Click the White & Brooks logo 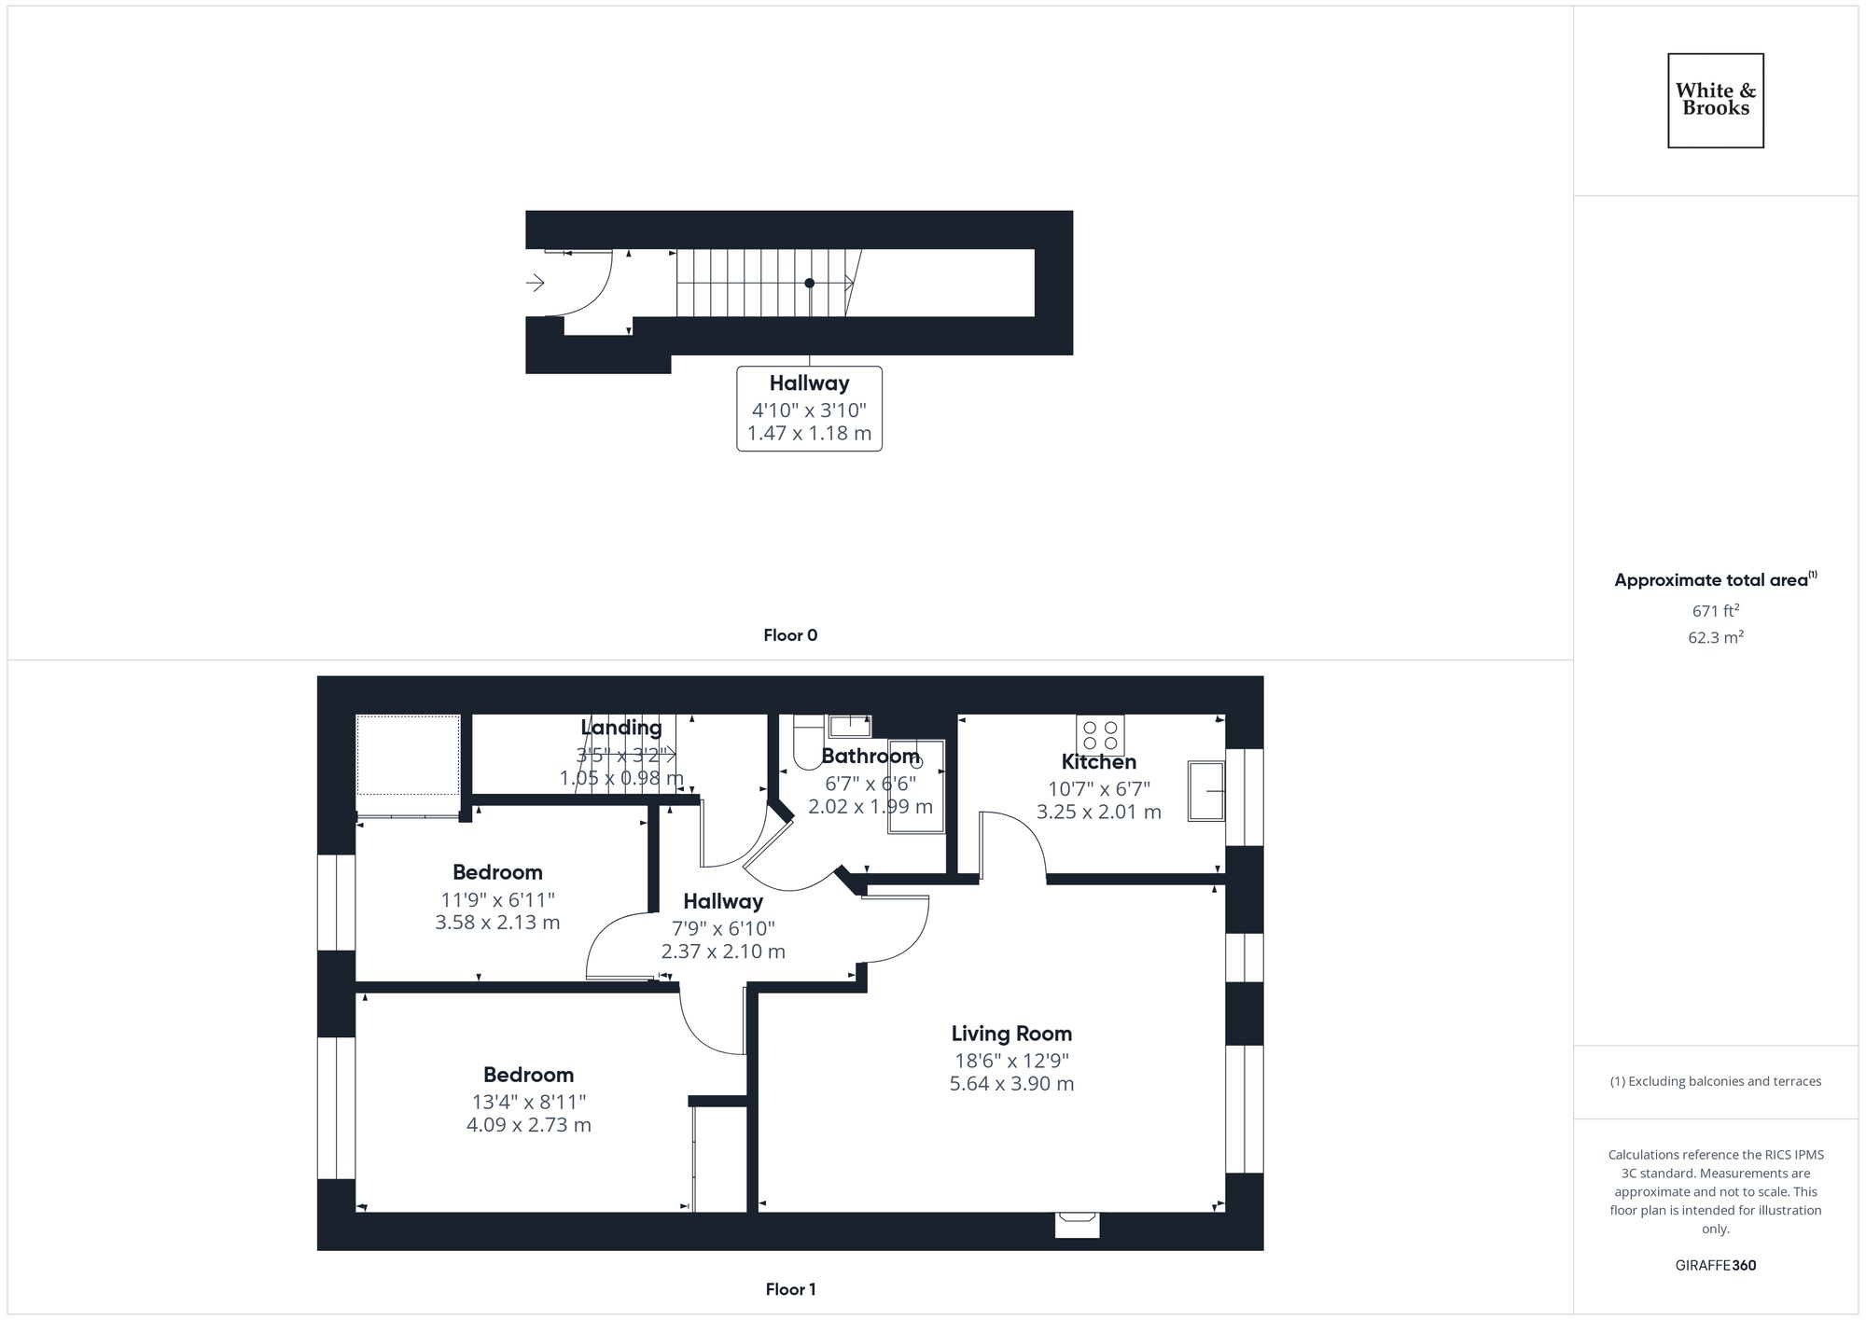tap(1715, 100)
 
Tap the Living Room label tap(1011, 1034)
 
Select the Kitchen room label tap(1098, 762)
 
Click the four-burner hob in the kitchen tap(1100, 735)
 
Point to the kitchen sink tap(1205, 791)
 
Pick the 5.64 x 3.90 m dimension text tap(1011, 1084)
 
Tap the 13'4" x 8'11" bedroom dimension tap(528, 1102)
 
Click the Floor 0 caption tap(790, 635)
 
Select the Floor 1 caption tap(790, 1289)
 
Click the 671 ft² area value tap(1715, 611)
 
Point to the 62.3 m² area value tap(1715, 638)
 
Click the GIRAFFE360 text tap(1715, 1266)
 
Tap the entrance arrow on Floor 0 tap(536, 282)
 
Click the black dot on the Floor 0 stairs tap(809, 283)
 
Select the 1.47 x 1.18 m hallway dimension tap(809, 434)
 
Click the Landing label tap(621, 728)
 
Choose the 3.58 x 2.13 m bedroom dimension tap(497, 923)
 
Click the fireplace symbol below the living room tap(1077, 1224)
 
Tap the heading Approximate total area tap(1711, 580)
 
